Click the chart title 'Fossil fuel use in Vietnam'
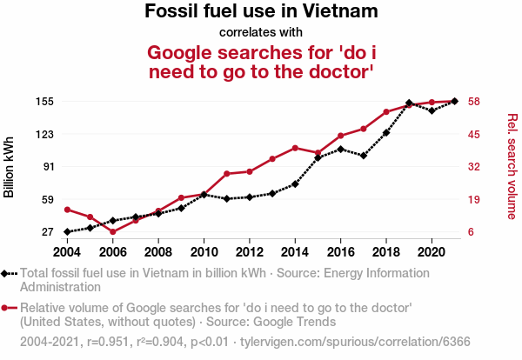coord(261,12)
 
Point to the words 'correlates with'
coord(261,33)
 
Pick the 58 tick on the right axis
coord(474,102)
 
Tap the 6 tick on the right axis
coord(471,232)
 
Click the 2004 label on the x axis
coord(67,252)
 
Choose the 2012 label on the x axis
coord(250,252)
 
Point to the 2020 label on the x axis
coord(432,252)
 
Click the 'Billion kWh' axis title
coord(10,167)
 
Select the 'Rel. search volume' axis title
coord(512,167)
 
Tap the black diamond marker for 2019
coord(409,103)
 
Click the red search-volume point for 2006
coord(113,232)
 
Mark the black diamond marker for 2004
coord(67,232)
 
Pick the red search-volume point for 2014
coord(295,148)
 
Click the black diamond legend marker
coord(6,273)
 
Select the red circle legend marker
coord(6,307)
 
